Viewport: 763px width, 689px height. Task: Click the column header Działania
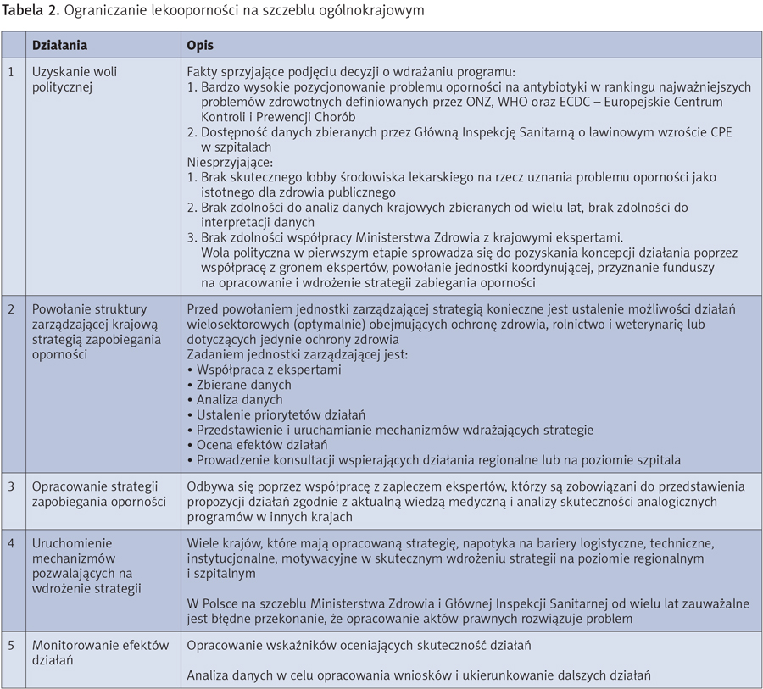[59, 45]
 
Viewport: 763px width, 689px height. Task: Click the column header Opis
[200, 45]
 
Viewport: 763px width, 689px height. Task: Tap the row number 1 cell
[11, 72]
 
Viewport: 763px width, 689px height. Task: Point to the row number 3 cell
[11, 486]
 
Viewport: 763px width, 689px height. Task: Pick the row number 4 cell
[11, 543]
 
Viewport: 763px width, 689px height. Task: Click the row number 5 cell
[11, 645]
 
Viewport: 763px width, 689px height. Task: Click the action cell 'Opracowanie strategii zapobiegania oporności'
[98, 494]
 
